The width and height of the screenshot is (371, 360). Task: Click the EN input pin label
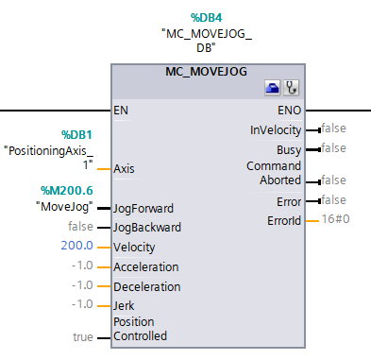121,111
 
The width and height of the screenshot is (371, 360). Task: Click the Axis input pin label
124,169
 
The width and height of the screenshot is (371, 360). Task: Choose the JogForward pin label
144,208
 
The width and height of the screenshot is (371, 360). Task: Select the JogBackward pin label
147,228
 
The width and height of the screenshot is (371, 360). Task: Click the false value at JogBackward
80,227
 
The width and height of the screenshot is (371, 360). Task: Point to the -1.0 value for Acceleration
83,266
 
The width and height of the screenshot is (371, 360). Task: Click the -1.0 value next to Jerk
83,304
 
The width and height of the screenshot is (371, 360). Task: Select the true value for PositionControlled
83,336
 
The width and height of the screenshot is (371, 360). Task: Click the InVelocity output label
276,129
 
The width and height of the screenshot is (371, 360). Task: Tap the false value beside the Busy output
332,147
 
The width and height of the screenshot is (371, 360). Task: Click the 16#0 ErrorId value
336,219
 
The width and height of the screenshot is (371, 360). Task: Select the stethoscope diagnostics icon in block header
291,89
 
